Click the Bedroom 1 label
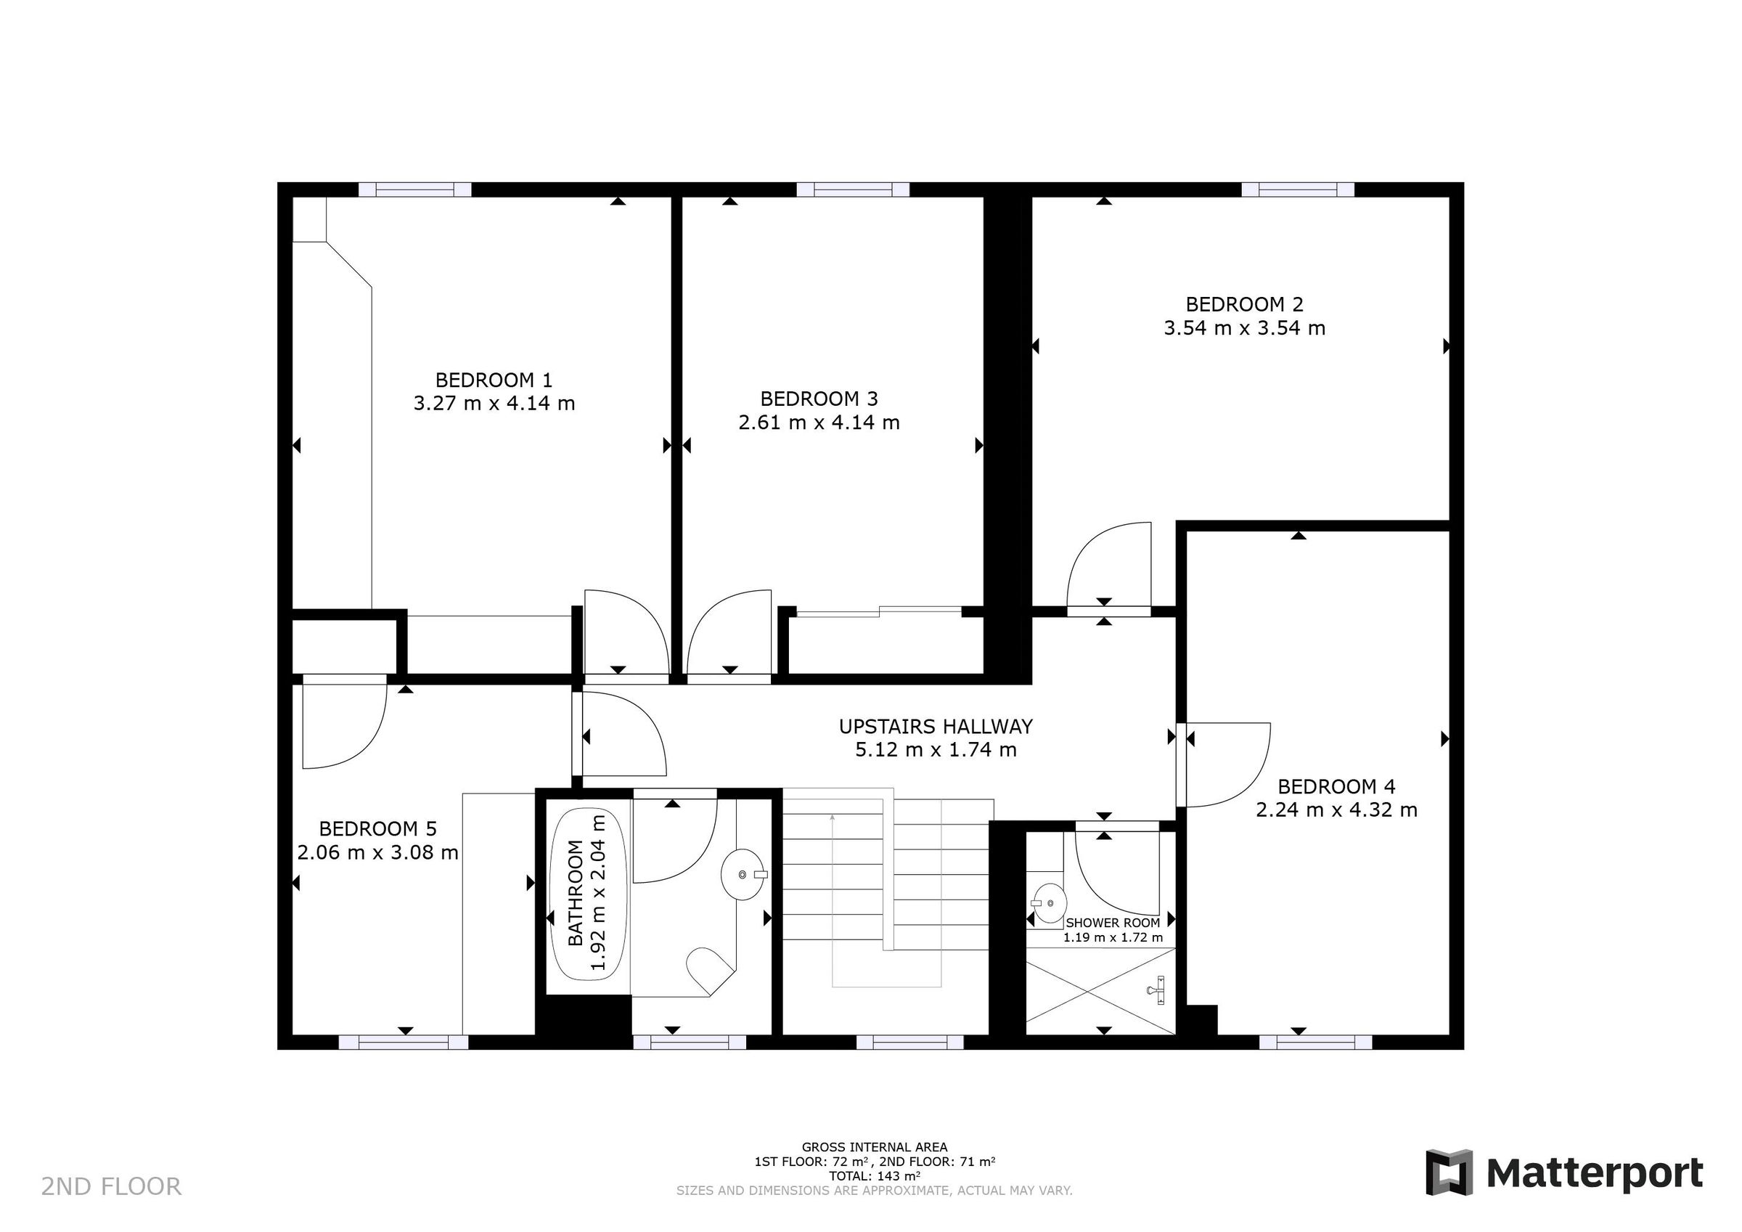coord(493,380)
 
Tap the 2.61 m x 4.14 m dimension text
coord(819,422)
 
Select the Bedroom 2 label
coord(1244,304)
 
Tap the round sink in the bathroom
coord(742,875)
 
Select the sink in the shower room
coord(1049,903)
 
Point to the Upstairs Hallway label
coord(936,727)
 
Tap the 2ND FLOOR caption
coord(111,1186)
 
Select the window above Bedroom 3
coord(852,189)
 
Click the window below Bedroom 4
coord(1316,1043)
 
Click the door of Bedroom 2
coord(1108,566)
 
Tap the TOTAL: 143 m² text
coord(874,1176)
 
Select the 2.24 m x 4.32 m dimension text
coord(1336,810)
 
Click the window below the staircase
coord(911,1043)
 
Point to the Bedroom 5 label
coord(378,828)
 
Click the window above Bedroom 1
coord(414,189)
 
